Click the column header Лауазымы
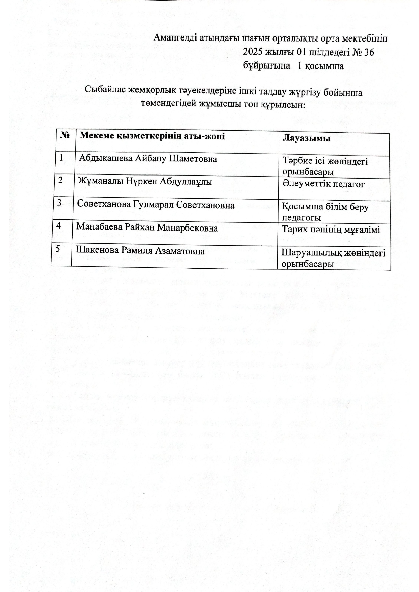click(x=306, y=138)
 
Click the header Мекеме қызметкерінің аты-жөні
click(x=152, y=136)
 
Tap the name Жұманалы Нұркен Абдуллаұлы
click(x=145, y=181)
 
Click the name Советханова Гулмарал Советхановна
click(x=156, y=204)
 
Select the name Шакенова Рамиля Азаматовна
click(x=140, y=250)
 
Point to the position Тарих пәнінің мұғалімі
click(x=331, y=230)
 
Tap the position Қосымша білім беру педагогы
click(x=325, y=212)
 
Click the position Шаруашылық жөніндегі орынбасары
click(x=333, y=258)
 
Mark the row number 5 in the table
click(x=58, y=249)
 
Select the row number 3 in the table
click(x=59, y=203)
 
